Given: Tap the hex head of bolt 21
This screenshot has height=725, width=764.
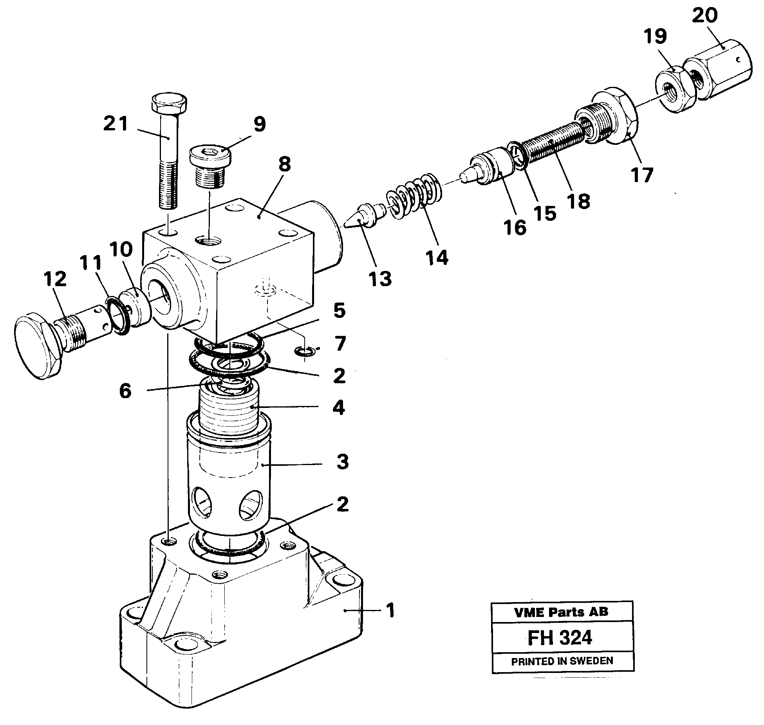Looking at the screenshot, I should (x=169, y=103).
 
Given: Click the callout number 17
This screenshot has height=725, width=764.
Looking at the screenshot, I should (x=642, y=175).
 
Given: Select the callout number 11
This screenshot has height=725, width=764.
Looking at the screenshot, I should (x=90, y=263).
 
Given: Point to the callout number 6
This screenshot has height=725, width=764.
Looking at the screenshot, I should (x=125, y=391).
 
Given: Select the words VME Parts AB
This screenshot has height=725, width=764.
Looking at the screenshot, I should (x=562, y=612).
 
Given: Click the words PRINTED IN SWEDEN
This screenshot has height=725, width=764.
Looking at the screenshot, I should (x=562, y=661).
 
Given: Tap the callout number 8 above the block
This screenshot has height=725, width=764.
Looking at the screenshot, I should (x=285, y=164).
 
